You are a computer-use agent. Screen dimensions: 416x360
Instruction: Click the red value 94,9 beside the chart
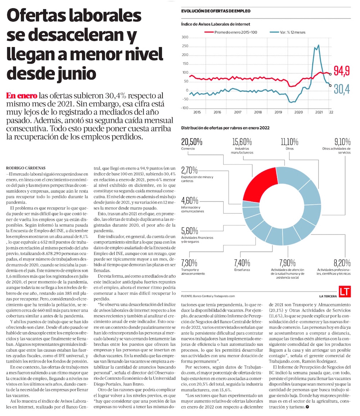click(341, 71)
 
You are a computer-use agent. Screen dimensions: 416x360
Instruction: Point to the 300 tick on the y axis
click(185, 37)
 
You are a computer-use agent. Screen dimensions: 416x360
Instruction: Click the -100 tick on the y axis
click(184, 108)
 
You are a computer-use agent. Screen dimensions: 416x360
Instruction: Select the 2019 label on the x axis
click(278, 113)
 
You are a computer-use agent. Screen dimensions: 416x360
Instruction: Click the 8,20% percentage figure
click(342, 262)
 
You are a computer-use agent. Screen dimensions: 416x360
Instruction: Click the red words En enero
click(21, 96)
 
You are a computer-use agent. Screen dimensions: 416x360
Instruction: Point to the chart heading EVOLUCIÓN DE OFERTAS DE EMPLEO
click(216, 11)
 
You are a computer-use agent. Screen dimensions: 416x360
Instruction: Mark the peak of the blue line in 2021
click(319, 45)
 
